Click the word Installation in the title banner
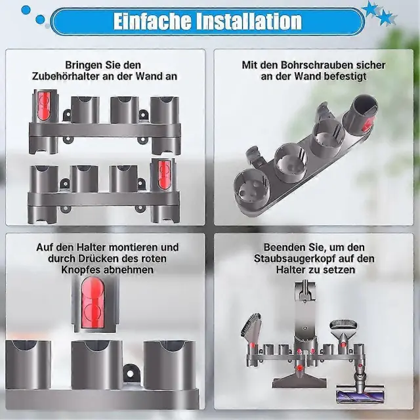[x=249, y=21]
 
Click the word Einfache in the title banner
[x=152, y=21]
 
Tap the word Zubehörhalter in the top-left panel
[x=65, y=76]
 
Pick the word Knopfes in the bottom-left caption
[x=79, y=270]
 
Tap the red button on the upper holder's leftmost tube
[x=44, y=106]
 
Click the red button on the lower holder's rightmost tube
[x=164, y=175]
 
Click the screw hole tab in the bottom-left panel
[x=130, y=373]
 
